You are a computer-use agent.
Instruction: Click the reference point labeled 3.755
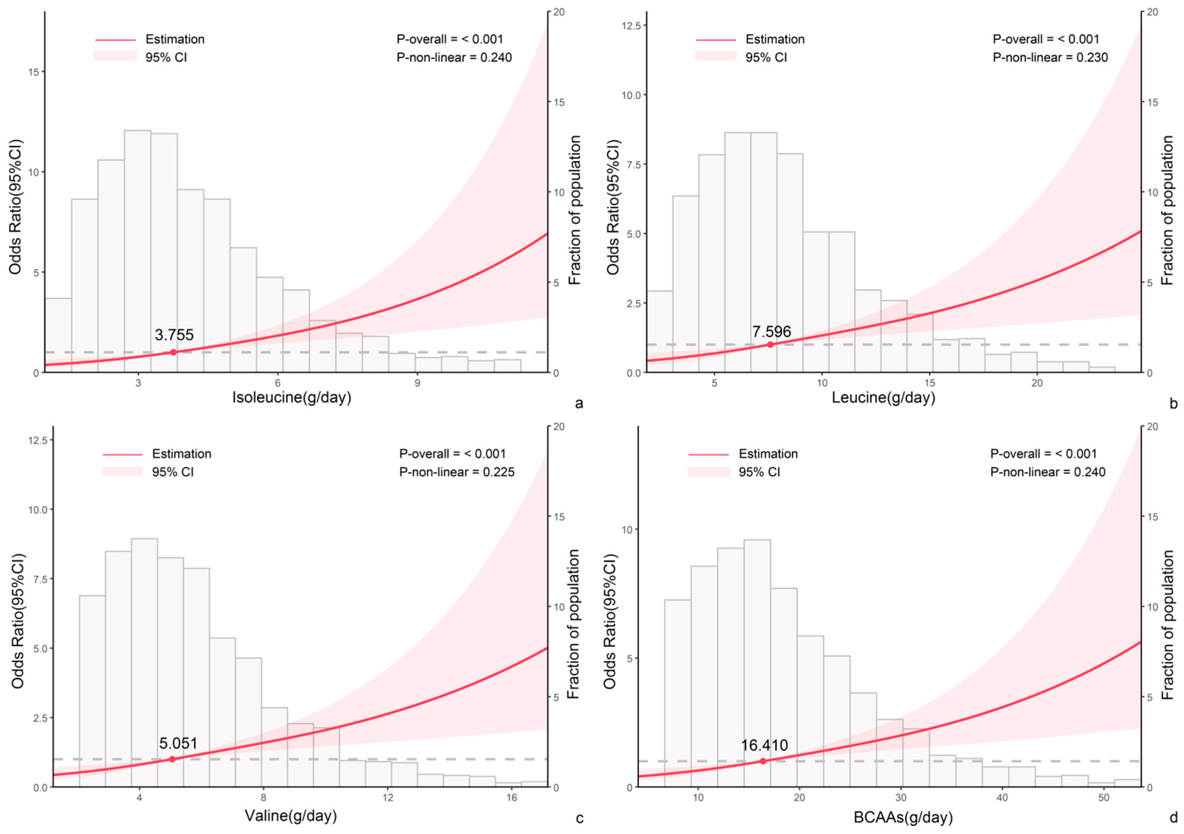pos(173,352)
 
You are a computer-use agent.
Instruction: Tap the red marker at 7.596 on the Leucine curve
pos(770,345)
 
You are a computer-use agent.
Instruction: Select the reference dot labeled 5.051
pos(172,759)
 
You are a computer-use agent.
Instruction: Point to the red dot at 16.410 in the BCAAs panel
pos(763,761)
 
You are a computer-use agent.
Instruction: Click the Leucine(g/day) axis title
pos(883,398)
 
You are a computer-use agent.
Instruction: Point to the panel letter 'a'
pos(579,403)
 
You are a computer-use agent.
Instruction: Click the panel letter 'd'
pos(1174,817)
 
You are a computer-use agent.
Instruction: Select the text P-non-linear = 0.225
pos(456,472)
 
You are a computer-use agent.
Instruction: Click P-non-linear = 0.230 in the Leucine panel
pos(1050,57)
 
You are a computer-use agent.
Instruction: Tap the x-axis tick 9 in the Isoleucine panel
pos(418,383)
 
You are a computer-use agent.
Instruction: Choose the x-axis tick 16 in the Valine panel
pos(511,797)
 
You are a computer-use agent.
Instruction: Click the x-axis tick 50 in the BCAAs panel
pos(1103,797)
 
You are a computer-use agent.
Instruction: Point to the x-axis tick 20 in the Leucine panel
pos(1037,383)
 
